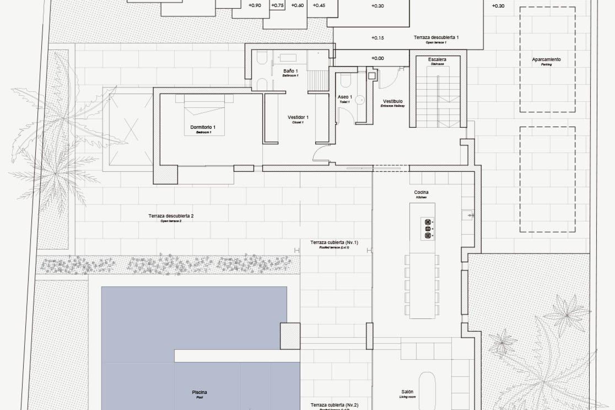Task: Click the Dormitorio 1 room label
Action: point(203,128)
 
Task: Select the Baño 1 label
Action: point(291,71)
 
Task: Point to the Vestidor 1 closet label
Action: point(298,118)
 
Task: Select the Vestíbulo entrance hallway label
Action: point(392,102)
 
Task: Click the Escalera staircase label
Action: point(437,60)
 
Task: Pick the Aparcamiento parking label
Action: point(546,60)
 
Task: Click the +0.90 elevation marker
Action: point(255,5)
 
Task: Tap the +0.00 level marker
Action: point(377,58)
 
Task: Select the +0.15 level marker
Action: point(377,38)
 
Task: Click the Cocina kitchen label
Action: point(421,193)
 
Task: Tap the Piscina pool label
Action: point(199,393)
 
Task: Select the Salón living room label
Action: point(407,392)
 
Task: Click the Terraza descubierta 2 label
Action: point(171,216)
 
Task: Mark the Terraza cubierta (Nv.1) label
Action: point(334,243)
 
